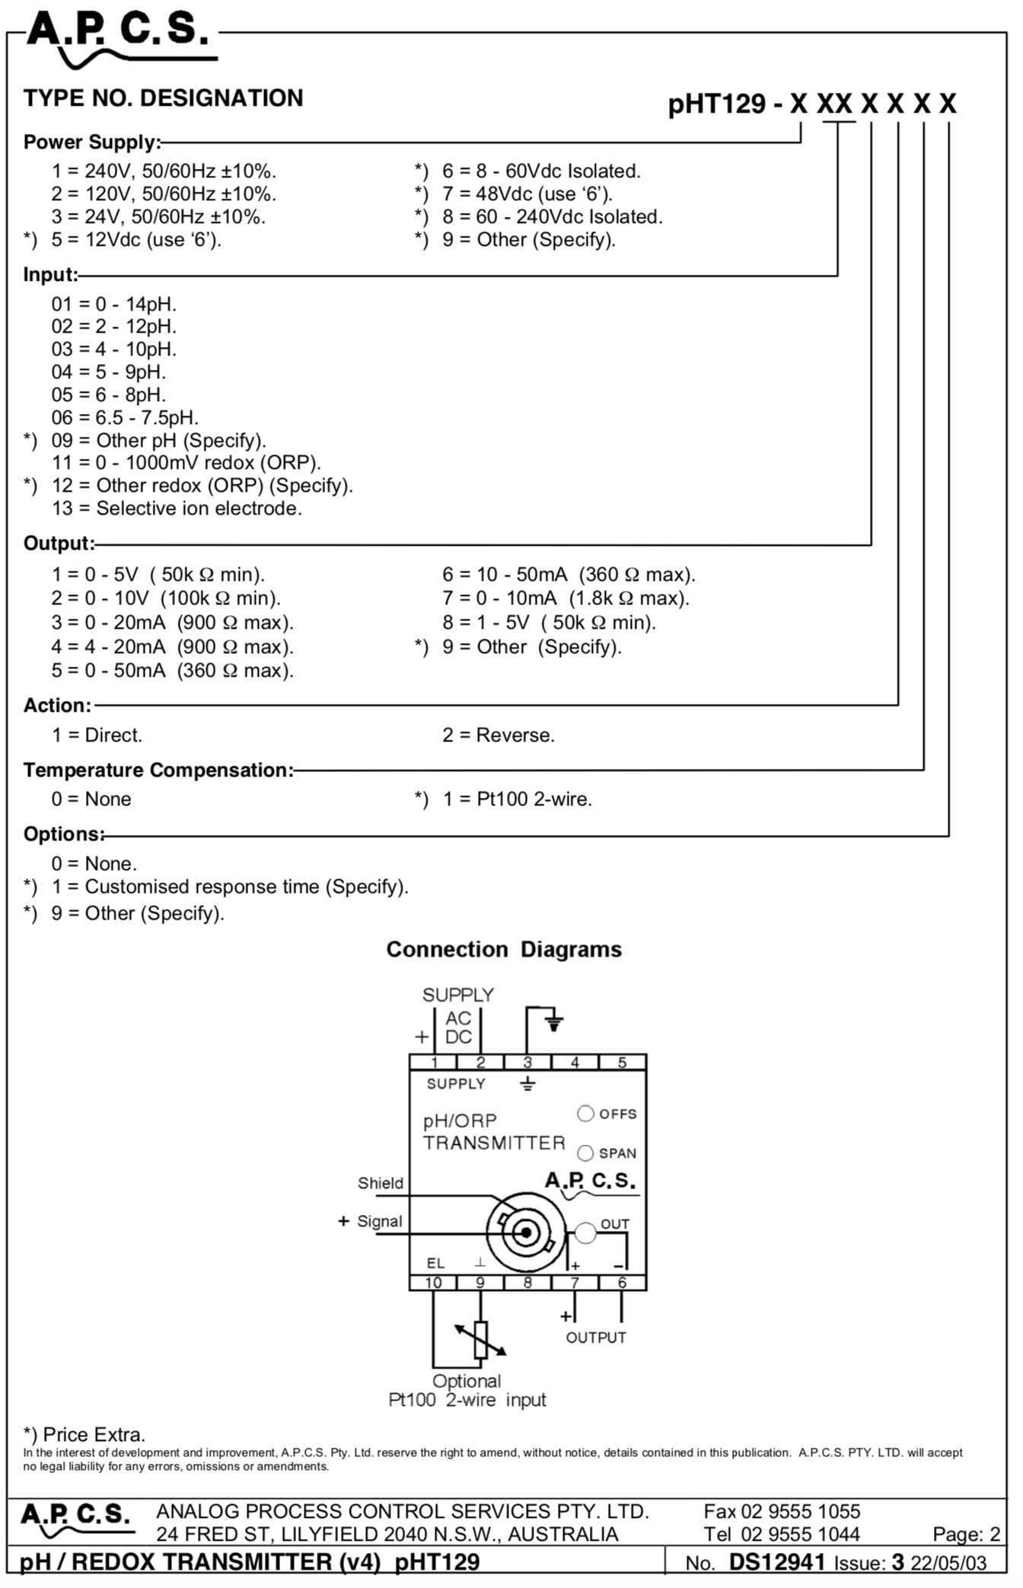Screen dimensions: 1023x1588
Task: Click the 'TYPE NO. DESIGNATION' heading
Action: (x=163, y=98)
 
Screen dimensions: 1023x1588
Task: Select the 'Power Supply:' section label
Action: (x=92, y=142)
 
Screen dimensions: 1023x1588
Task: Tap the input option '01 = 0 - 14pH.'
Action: (x=114, y=305)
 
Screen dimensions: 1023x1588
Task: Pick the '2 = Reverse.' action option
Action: (x=499, y=735)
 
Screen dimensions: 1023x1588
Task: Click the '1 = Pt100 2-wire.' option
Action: (x=518, y=799)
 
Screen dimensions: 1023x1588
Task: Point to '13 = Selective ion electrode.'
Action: (x=177, y=509)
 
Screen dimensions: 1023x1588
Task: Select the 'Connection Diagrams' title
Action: (x=504, y=949)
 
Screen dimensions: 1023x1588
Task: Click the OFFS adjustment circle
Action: (x=585, y=1114)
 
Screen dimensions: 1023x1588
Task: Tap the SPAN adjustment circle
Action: (x=585, y=1153)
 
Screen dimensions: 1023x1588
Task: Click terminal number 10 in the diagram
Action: (x=433, y=1283)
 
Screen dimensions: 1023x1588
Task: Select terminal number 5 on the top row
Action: (x=622, y=1063)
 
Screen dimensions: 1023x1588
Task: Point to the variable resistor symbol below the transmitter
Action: (x=480, y=1341)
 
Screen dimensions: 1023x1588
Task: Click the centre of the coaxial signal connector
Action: (x=526, y=1232)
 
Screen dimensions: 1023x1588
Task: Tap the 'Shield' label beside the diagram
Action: (x=381, y=1183)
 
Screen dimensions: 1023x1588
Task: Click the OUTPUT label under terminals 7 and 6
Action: (x=596, y=1338)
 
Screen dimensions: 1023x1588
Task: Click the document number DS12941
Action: (x=777, y=1562)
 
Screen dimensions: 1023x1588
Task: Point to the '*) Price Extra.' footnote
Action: (x=84, y=1435)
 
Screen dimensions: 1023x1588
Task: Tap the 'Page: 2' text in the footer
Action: (x=967, y=1535)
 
